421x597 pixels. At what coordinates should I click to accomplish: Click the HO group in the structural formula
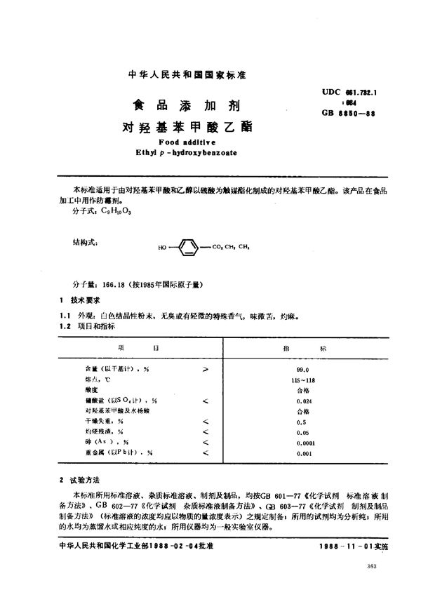(163, 247)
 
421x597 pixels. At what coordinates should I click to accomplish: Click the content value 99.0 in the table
(303, 367)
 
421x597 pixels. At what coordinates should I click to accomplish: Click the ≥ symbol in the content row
(205, 367)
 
